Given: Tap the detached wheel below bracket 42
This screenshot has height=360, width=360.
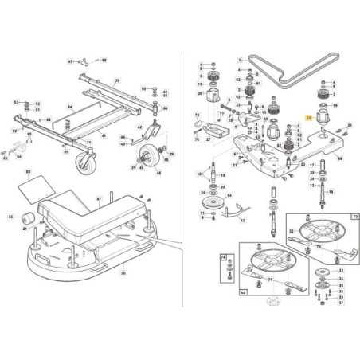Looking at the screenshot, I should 146,155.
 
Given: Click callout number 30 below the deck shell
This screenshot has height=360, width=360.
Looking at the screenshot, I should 123,272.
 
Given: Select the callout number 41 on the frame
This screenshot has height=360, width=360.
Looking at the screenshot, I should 101,136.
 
